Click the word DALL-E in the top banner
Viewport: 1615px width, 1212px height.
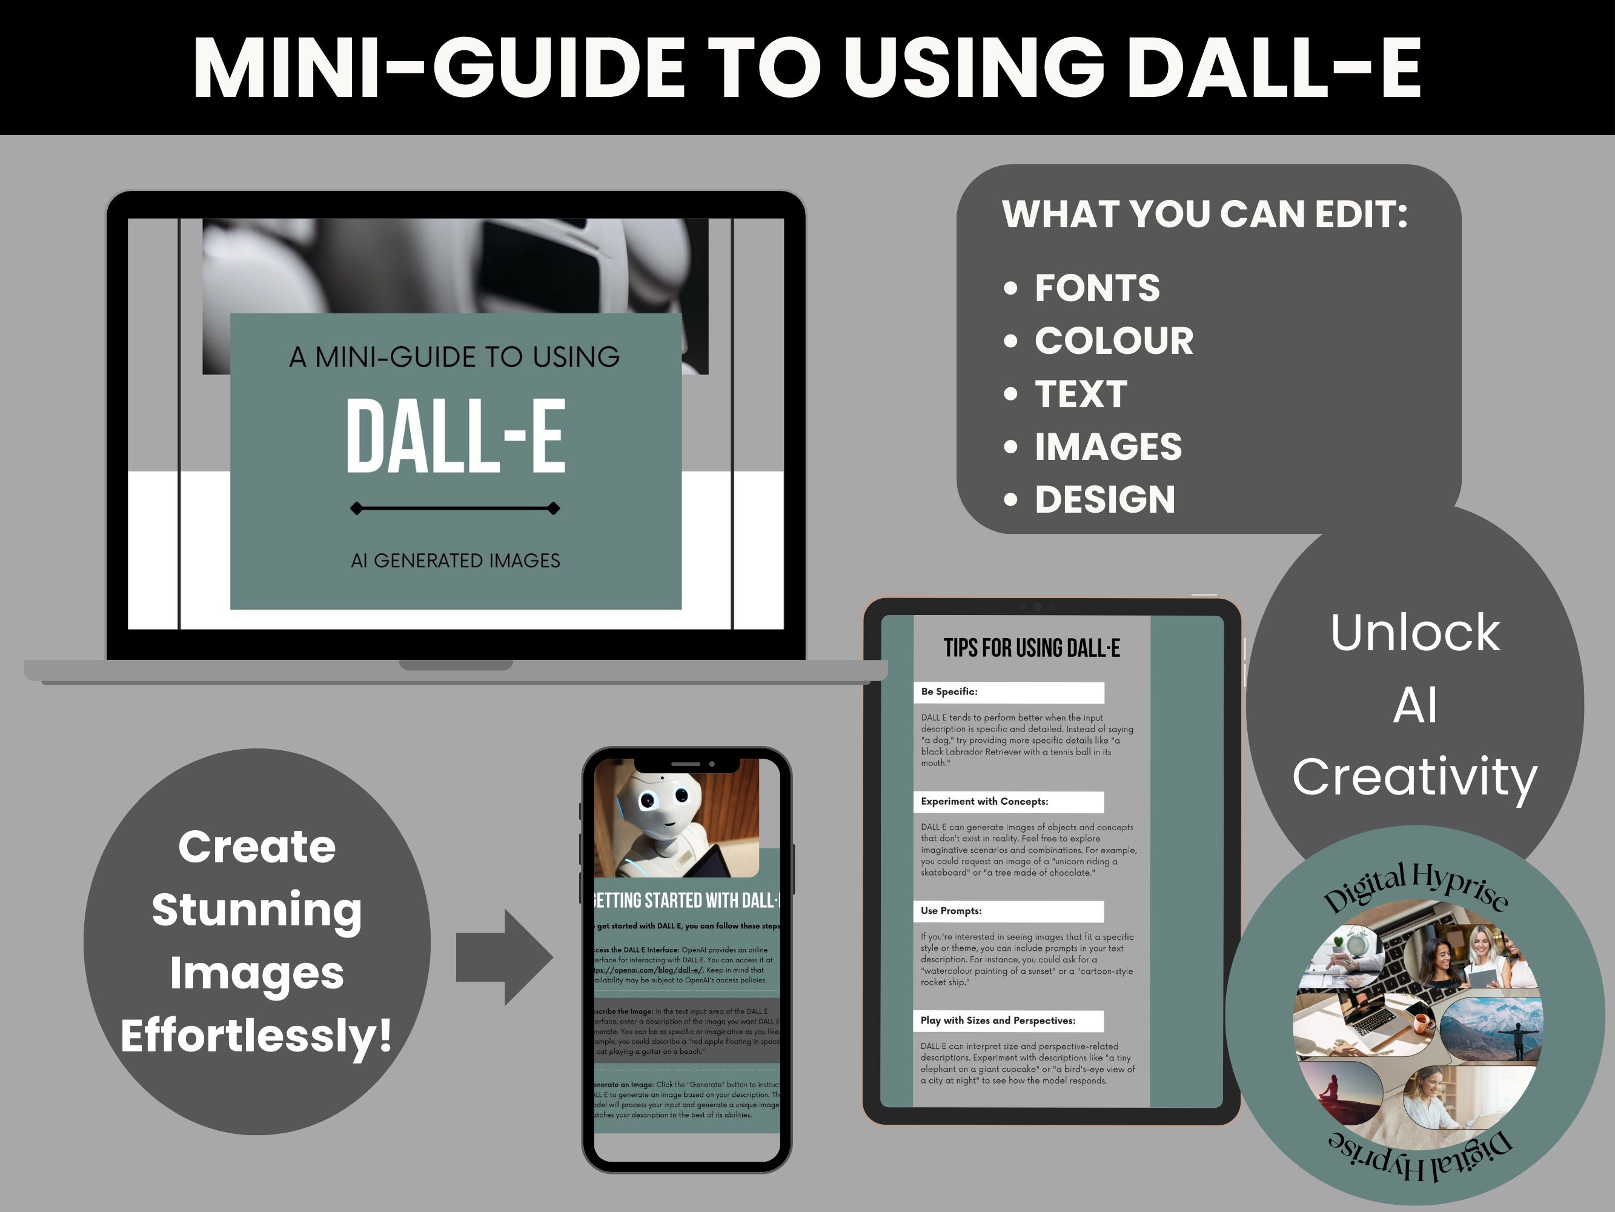tap(1274, 68)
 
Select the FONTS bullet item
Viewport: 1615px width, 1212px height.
tap(1096, 288)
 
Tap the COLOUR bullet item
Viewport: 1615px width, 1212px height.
tap(1113, 341)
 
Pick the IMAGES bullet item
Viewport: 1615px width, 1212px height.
tap(1107, 447)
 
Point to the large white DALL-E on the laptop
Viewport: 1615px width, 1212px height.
tap(456, 436)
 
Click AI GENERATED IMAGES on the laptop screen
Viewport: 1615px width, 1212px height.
tap(456, 561)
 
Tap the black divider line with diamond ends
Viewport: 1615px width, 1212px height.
tap(455, 508)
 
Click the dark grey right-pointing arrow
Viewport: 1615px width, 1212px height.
tap(504, 957)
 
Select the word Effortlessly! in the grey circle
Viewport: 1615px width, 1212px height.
tap(257, 1035)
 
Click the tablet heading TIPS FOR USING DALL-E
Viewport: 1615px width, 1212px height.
tap(1031, 648)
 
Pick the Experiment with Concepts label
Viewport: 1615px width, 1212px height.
tap(984, 801)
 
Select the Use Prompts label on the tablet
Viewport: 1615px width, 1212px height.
tap(950, 911)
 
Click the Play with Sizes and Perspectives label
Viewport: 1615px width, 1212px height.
tap(997, 1021)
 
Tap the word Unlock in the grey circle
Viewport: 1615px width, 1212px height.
tap(1415, 633)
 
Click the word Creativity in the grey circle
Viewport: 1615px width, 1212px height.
tap(1415, 776)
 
